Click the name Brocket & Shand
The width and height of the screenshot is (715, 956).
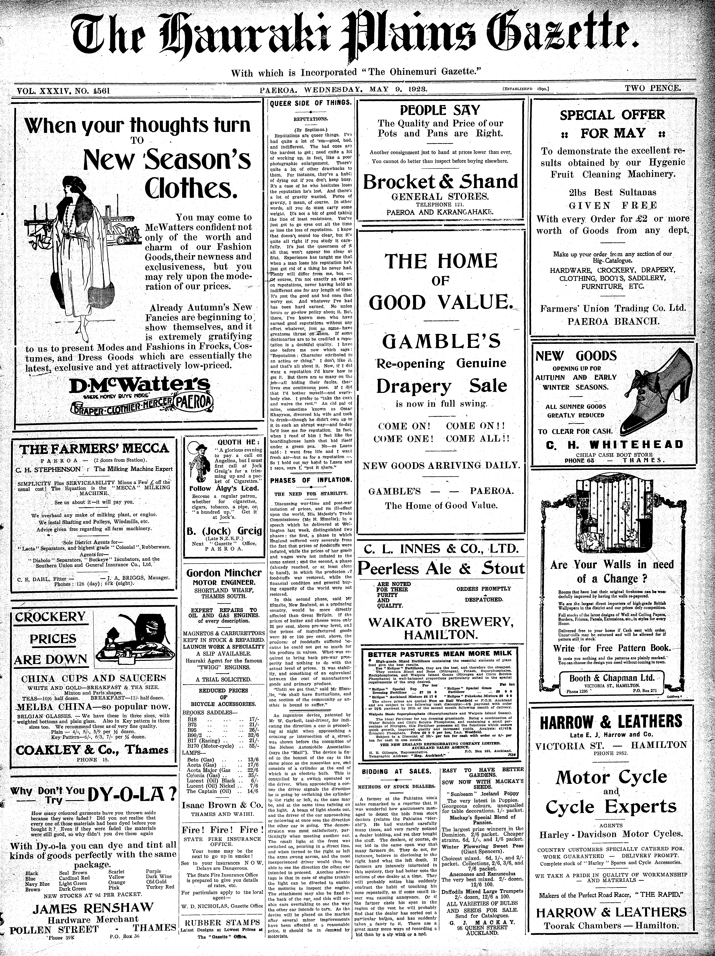tap(440, 181)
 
